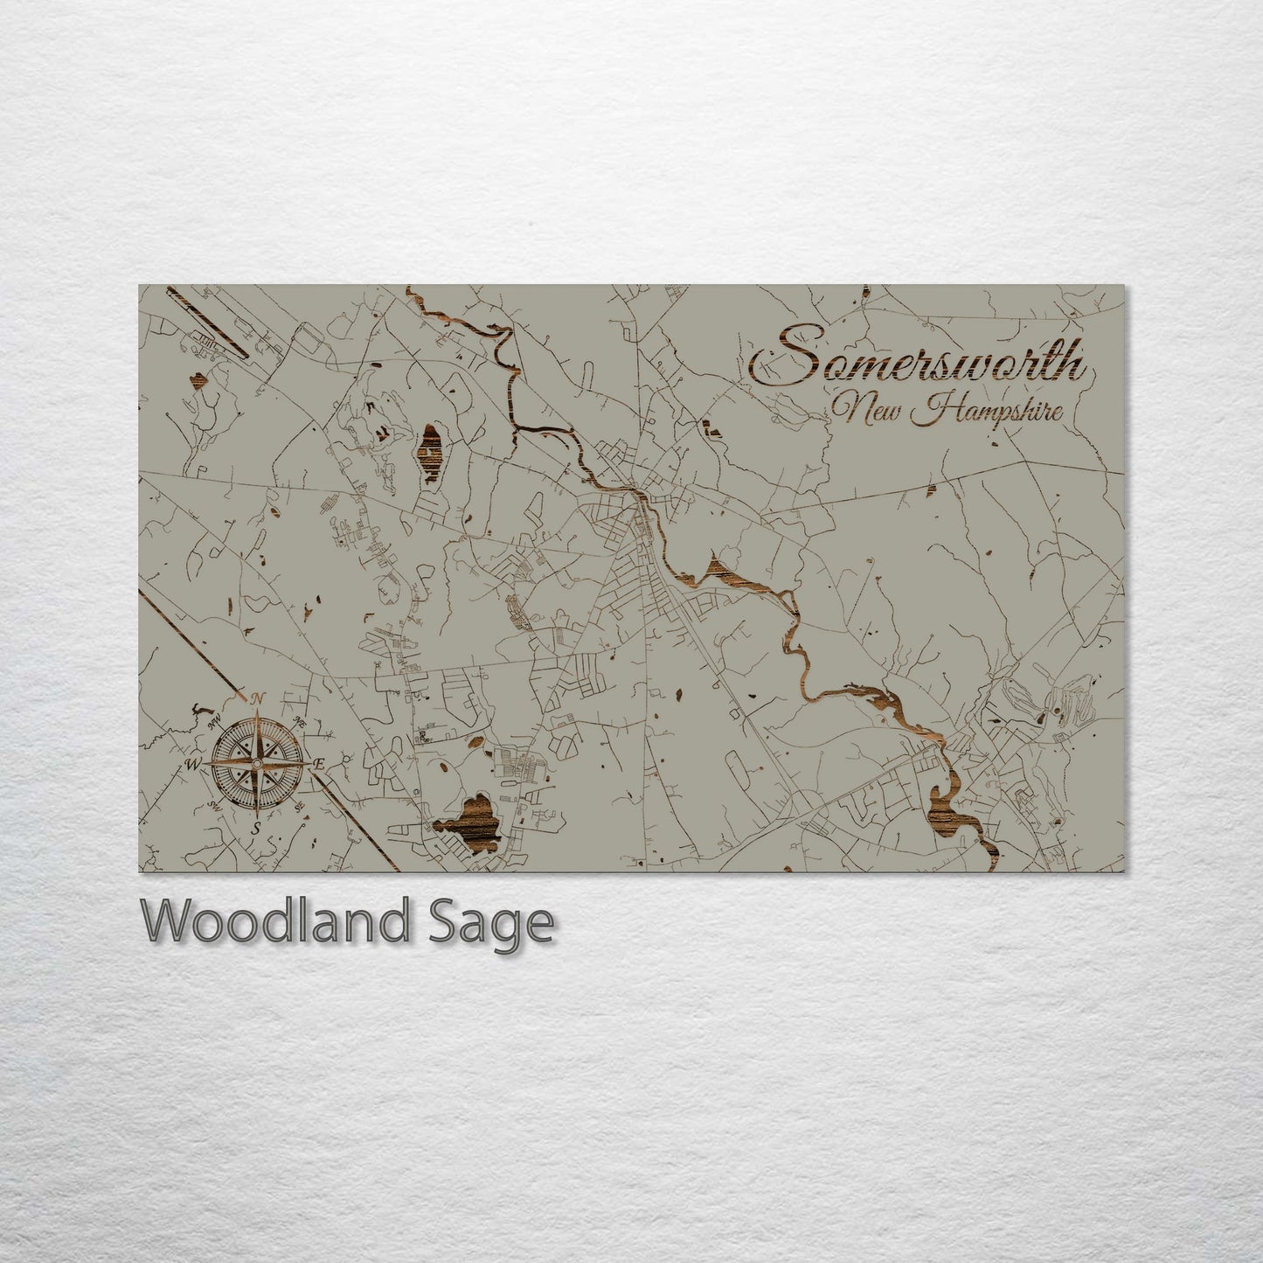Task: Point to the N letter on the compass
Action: click(x=257, y=699)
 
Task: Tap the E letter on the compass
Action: click(x=319, y=764)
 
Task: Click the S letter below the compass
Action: click(x=256, y=827)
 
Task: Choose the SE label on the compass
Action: click(x=299, y=806)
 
